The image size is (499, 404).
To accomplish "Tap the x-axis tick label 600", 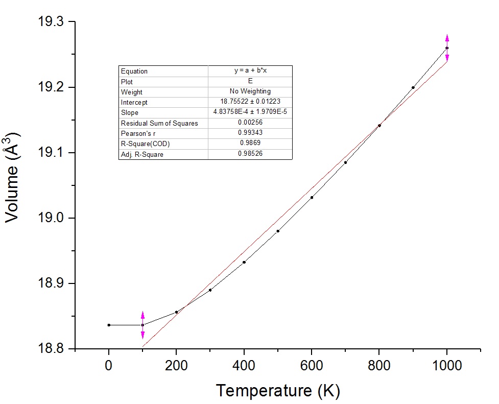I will pos(312,365).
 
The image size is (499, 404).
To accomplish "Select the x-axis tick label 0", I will pos(109,365).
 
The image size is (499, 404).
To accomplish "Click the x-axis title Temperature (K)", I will pos(277,391).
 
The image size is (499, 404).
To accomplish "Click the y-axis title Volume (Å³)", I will pos(13,177).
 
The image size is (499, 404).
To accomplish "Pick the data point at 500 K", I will pos(278,231).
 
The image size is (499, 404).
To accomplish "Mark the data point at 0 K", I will pos(109,325).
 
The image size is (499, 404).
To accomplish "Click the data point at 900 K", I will pos(413,87).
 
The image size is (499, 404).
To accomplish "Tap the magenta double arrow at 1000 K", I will pos(447,48).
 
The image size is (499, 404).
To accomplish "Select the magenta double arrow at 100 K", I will pos(142,325).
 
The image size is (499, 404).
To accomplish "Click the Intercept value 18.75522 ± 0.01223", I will pos(250,102).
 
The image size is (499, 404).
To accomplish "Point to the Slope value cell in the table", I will pos(250,112).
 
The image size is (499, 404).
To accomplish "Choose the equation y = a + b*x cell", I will pos(250,71).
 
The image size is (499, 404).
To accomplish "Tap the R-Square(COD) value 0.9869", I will pos(250,144).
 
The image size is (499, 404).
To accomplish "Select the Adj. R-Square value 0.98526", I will pos(250,154).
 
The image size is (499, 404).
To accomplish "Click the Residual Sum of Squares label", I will pos(159,123).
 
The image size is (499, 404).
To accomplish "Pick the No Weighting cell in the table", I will pos(250,92).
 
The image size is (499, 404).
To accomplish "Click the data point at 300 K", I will pos(210,290).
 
